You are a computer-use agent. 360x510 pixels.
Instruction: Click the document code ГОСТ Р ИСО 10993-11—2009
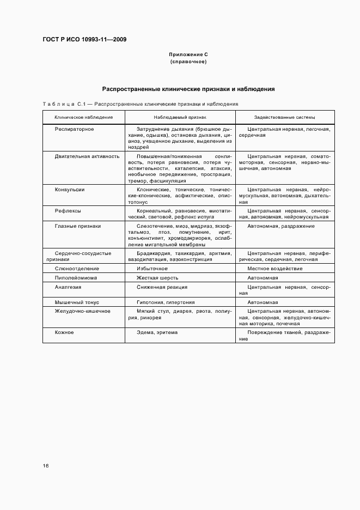(84, 40)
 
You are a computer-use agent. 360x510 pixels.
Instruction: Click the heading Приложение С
(188, 55)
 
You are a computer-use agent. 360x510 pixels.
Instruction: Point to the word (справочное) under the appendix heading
(188, 62)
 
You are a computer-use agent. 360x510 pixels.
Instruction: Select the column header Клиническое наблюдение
(84, 117)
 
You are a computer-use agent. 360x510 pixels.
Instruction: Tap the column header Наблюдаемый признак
(180, 117)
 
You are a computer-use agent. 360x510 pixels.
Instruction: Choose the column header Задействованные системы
(285, 117)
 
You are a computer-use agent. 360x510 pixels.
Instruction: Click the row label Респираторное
(75, 129)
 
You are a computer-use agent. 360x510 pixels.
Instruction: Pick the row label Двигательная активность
(87, 156)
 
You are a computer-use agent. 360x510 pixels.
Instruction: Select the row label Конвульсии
(70, 190)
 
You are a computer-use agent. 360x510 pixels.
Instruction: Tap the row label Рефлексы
(68, 210)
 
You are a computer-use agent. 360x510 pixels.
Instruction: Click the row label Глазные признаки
(78, 226)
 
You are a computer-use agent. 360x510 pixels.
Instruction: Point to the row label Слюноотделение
(77, 269)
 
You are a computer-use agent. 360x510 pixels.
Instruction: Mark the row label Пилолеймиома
(76, 277)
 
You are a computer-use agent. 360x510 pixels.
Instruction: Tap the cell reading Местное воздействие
(274, 269)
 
